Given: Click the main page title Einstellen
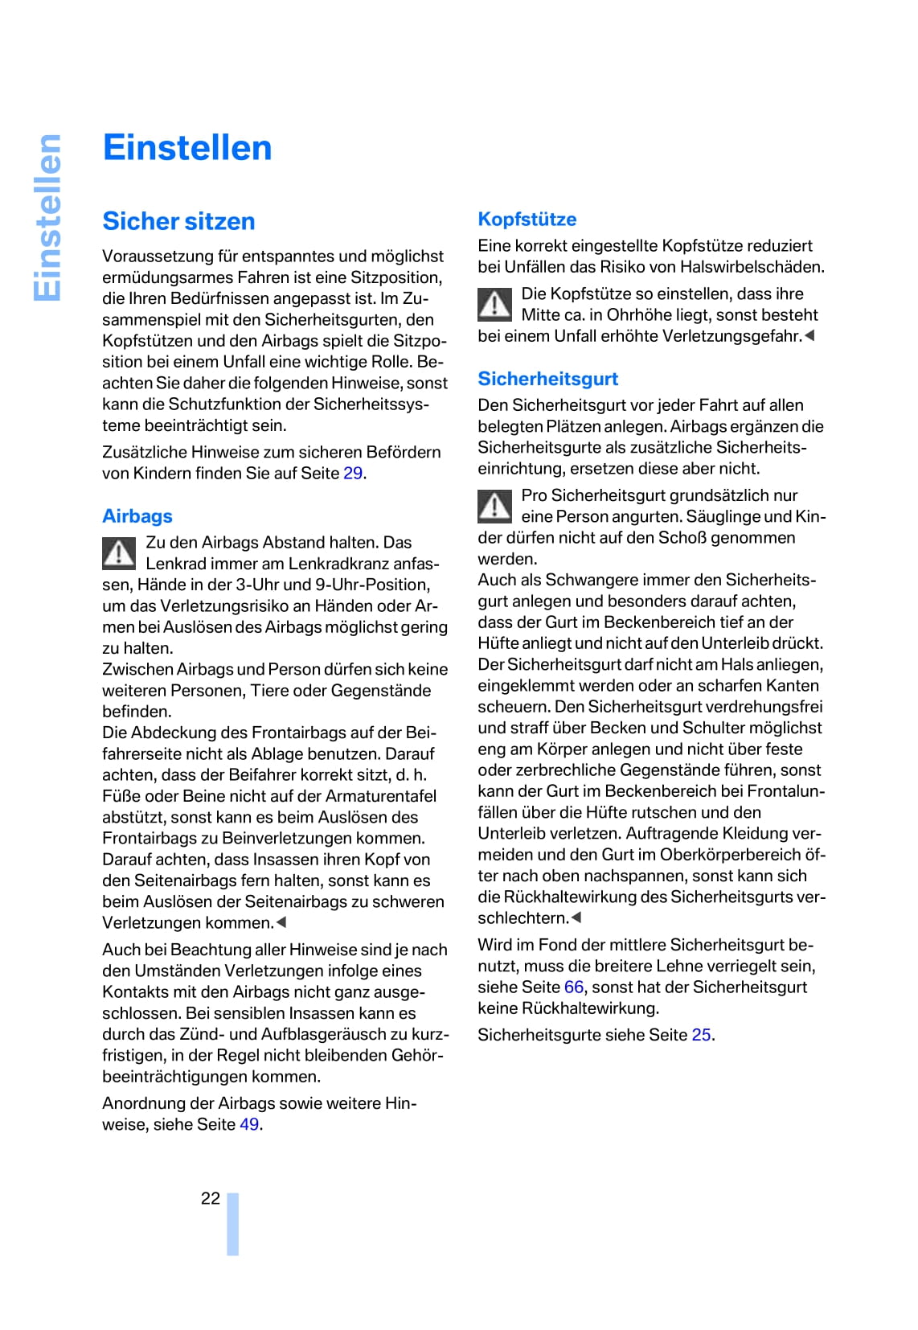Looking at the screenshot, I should click(187, 148).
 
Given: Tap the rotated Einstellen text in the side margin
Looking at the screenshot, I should click(47, 218).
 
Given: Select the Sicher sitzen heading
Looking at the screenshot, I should click(178, 221).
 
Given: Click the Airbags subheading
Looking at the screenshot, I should click(137, 516).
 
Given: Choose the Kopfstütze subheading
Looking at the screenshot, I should click(527, 220).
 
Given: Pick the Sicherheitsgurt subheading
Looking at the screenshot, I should click(547, 379).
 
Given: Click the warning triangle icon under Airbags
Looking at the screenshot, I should click(119, 553).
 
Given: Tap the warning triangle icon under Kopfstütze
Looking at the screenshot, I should click(494, 304).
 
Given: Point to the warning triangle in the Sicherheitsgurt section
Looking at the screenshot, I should click(494, 506).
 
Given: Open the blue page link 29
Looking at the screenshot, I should click(353, 474).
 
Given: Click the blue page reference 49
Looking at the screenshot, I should click(249, 1125).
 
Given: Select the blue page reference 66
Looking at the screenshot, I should click(574, 987).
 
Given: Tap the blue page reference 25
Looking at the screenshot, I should click(701, 1035).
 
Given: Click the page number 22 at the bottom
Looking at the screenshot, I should click(211, 1199).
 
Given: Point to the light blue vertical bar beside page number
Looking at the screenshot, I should click(233, 1224).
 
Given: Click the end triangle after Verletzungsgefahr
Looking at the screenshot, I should click(809, 336).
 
